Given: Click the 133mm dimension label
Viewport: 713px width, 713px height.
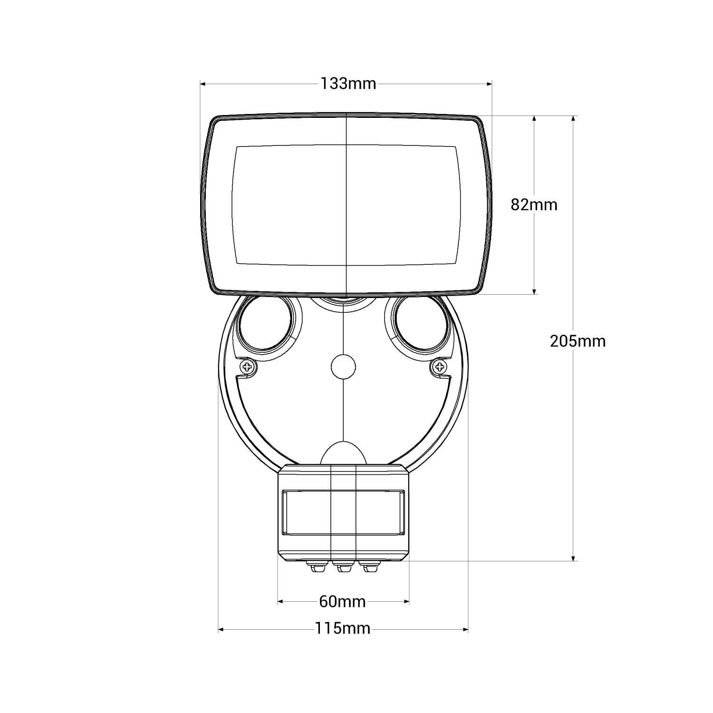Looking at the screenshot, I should click(x=348, y=84).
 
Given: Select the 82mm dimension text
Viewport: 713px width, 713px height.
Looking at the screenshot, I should click(x=534, y=205).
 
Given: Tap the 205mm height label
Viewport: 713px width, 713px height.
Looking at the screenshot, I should click(x=578, y=341).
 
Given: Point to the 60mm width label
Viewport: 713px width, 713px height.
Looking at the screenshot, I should click(x=342, y=602).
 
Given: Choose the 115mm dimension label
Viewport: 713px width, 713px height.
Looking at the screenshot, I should click(x=342, y=629).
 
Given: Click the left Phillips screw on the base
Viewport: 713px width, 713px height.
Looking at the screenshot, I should click(x=248, y=366).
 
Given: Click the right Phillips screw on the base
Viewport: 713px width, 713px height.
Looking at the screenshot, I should click(x=439, y=366).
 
